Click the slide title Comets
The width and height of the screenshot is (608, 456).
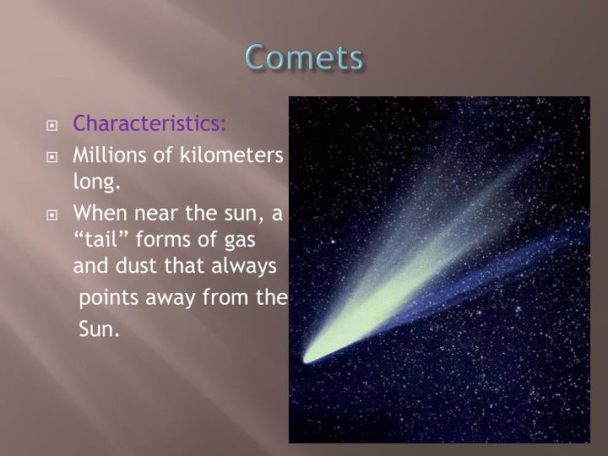pyautogui.click(x=304, y=58)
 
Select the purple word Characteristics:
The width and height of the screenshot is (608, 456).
pyautogui.click(x=149, y=124)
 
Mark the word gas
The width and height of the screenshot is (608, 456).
pyautogui.click(x=234, y=241)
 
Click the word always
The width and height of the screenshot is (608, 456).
pyautogui.click(x=247, y=266)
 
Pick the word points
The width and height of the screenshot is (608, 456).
pyautogui.click(x=106, y=299)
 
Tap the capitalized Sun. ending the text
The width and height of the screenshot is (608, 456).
pyautogui.click(x=100, y=329)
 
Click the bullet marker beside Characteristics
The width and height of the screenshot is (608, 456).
pyautogui.click(x=52, y=126)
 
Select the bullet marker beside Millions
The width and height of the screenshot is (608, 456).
pyautogui.click(x=52, y=157)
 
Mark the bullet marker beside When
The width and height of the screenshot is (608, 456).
pyautogui.click(x=52, y=214)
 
